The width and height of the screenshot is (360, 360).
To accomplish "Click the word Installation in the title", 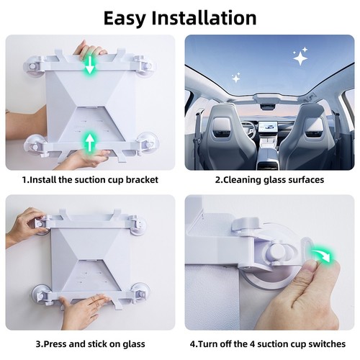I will pos(208,17).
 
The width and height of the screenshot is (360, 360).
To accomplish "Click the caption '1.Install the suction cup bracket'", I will pos(90,180).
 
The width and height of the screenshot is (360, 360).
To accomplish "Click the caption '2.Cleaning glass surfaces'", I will pos(269,180).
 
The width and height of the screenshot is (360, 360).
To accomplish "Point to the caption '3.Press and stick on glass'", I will pos(90,344).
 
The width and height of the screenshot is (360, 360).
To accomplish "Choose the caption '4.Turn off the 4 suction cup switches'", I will pos(269,344).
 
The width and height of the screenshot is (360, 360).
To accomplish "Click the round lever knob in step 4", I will pos(276,253).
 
